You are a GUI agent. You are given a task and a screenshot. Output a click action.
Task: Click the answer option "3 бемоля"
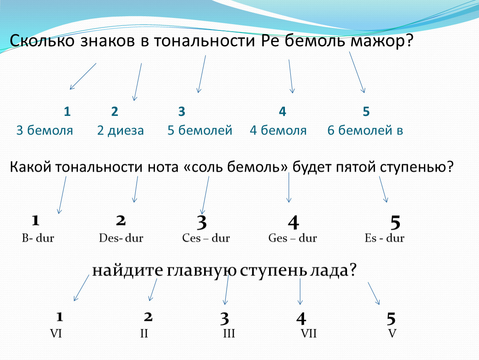(x=45, y=130)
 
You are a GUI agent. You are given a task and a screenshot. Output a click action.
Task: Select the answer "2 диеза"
(x=120, y=130)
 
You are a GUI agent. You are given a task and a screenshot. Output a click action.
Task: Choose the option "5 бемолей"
(x=200, y=130)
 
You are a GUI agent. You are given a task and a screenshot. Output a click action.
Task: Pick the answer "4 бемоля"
(x=278, y=130)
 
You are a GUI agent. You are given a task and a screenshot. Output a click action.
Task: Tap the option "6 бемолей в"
(x=365, y=130)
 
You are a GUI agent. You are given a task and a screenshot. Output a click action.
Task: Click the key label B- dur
(x=38, y=238)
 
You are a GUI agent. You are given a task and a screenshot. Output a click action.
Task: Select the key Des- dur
(x=121, y=238)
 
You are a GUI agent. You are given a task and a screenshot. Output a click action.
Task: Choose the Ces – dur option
(x=206, y=238)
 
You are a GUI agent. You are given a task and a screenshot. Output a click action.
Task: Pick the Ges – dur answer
(x=293, y=238)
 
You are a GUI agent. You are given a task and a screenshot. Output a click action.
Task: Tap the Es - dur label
(x=384, y=238)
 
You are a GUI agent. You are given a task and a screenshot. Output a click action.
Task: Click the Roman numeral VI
(x=56, y=333)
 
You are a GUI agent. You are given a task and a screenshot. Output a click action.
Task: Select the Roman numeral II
(x=144, y=333)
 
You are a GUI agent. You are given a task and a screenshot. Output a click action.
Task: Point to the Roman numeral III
(x=229, y=333)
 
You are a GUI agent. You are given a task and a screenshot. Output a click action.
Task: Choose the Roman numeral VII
(x=309, y=333)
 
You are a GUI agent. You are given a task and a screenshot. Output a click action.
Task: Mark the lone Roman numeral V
(x=392, y=333)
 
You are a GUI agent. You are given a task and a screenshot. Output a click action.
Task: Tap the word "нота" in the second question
(x=163, y=167)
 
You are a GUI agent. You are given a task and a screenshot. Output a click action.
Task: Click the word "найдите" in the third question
(x=128, y=270)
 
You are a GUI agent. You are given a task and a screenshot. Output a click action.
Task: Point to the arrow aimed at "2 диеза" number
(x=137, y=82)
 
